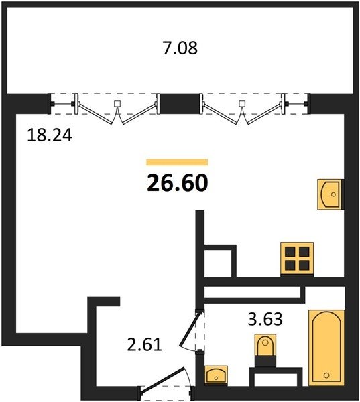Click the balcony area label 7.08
coord(180,48)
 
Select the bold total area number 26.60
coord(177,181)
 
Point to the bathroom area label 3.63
coord(265,318)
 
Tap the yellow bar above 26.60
coord(177,162)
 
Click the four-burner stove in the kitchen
coord(296,258)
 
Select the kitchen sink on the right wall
coord(330,195)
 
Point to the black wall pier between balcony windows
coord(180,103)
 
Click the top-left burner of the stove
coord(290,252)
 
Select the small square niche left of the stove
coord(219,261)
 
